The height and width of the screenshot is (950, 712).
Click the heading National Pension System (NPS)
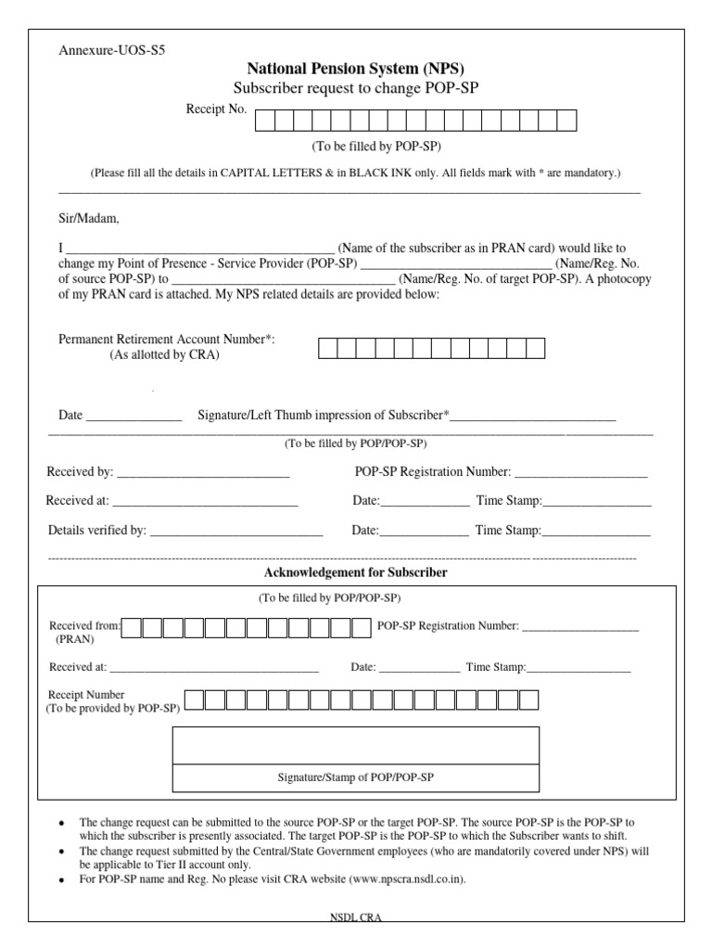point(356,69)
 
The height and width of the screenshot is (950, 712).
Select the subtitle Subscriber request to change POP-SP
point(356,88)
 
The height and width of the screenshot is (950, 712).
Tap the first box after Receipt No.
point(264,121)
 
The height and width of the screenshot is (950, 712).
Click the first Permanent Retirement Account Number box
point(328,348)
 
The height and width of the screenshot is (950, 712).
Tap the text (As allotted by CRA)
point(164,355)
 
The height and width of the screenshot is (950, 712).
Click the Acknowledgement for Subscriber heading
point(356,573)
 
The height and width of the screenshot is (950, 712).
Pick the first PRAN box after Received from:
point(132,628)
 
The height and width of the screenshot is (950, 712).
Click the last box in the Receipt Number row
point(529,700)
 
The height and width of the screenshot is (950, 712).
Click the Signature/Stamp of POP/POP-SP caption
point(356,777)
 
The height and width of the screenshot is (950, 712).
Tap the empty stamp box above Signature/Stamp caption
point(356,745)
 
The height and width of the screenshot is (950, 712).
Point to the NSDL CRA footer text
point(356,918)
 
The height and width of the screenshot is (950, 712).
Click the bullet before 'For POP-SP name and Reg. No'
point(61,879)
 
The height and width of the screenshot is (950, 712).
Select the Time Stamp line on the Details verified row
point(596,533)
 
